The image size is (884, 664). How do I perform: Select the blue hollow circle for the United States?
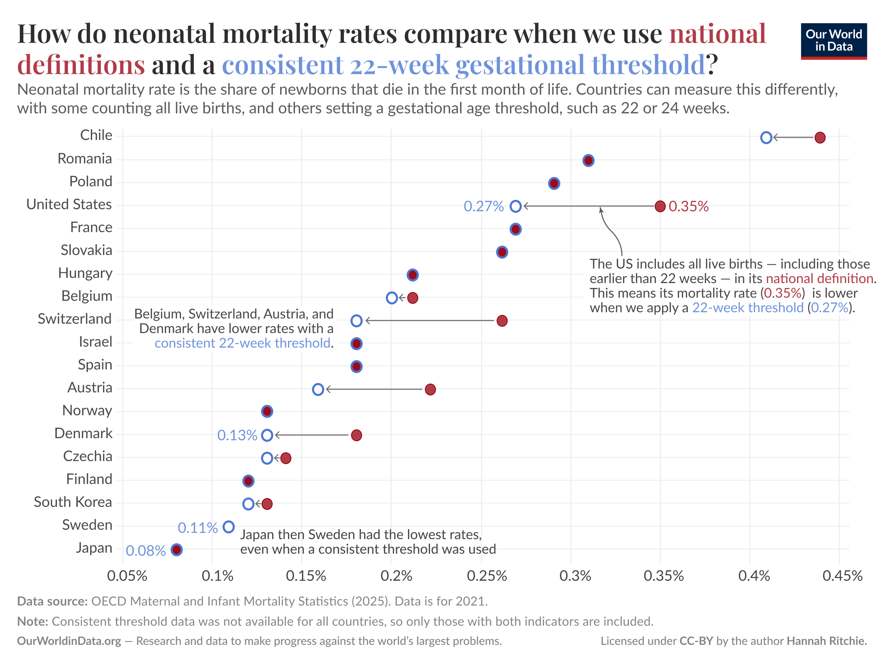(x=515, y=206)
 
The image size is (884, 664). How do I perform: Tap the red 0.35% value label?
(x=688, y=206)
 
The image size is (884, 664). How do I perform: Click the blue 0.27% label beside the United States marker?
(x=484, y=206)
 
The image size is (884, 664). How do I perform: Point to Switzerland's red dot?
(x=502, y=321)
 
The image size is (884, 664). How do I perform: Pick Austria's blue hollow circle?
(x=318, y=390)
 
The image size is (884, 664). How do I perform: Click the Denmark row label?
(x=83, y=433)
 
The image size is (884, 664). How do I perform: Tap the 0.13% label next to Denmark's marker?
(x=237, y=435)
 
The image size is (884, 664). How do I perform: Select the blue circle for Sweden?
(x=228, y=527)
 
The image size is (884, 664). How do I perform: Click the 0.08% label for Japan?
(x=146, y=551)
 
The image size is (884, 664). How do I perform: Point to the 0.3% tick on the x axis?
(x=575, y=576)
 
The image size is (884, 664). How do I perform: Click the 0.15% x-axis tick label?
(x=306, y=576)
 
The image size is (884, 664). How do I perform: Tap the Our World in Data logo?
(x=834, y=41)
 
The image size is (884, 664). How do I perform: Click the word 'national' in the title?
(x=717, y=34)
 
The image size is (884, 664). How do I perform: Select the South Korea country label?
(x=73, y=502)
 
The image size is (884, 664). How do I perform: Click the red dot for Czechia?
(x=285, y=458)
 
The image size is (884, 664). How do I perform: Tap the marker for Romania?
(x=588, y=160)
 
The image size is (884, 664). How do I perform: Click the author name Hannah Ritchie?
(x=826, y=641)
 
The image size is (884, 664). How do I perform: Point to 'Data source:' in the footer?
(x=52, y=601)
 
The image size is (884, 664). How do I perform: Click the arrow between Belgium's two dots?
(x=402, y=298)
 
